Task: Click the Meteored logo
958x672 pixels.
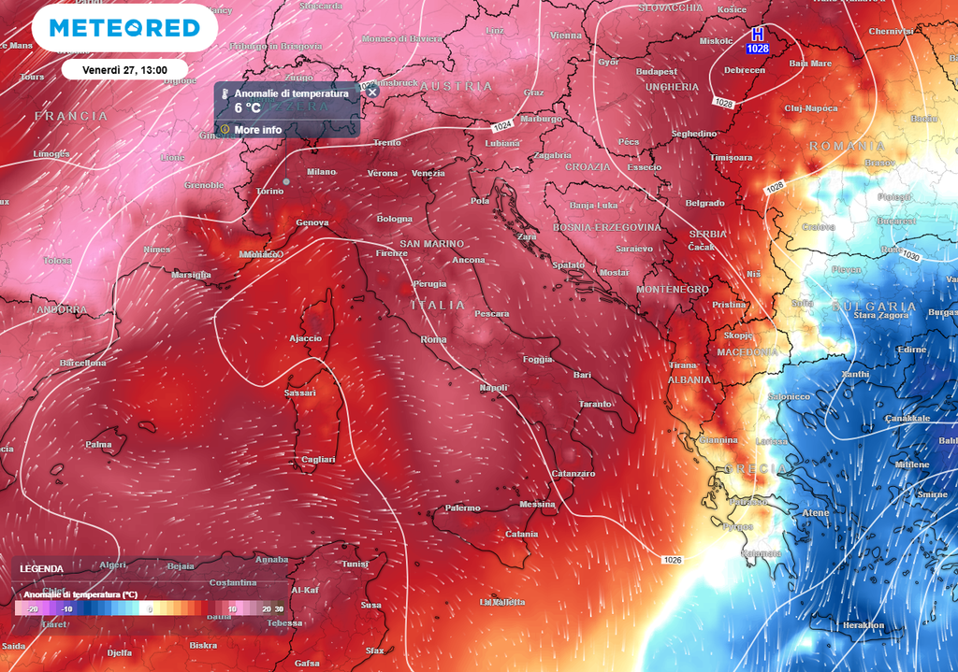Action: pyautogui.click(x=123, y=28)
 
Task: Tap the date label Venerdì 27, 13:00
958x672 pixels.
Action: pyautogui.click(x=124, y=69)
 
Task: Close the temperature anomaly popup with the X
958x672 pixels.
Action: pyautogui.click(x=372, y=92)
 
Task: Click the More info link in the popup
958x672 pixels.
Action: pyautogui.click(x=257, y=130)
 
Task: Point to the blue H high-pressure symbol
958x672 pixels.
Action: pyautogui.click(x=758, y=34)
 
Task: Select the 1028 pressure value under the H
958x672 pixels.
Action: pyautogui.click(x=758, y=48)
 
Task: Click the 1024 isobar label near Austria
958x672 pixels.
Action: pyautogui.click(x=502, y=125)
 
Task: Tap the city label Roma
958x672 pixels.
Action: pyautogui.click(x=434, y=339)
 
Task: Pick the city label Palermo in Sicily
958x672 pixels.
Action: pyautogui.click(x=462, y=508)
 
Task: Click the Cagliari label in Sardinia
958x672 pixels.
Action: pyautogui.click(x=318, y=459)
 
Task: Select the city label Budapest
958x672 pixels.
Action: pyautogui.click(x=656, y=71)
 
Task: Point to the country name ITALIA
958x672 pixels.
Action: pyautogui.click(x=437, y=306)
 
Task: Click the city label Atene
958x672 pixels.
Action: pyautogui.click(x=815, y=512)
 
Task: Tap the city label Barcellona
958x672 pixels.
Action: pyautogui.click(x=82, y=363)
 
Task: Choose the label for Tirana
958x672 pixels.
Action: pyautogui.click(x=683, y=365)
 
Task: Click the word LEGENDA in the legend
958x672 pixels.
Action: pyautogui.click(x=41, y=568)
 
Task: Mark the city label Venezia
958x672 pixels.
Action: pyautogui.click(x=428, y=173)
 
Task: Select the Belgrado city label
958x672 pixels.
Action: pyautogui.click(x=704, y=203)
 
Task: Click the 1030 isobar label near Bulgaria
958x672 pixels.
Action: pyautogui.click(x=911, y=256)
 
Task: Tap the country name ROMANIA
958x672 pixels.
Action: pyautogui.click(x=847, y=146)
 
